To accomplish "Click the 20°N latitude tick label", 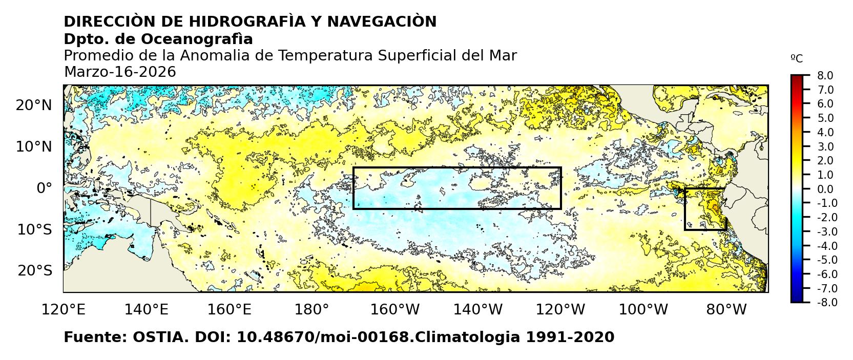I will tap(34, 105).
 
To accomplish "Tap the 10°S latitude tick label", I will tap(34, 229).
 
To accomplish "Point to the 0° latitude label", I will tap(45, 188).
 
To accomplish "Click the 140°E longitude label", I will tap(146, 309).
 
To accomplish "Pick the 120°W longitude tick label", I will tap(561, 309).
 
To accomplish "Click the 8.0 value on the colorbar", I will tap(825, 76).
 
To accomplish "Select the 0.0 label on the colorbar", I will tap(825, 189).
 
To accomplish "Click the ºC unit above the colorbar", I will tap(797, 59).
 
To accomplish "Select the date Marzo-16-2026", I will tap(120, 72).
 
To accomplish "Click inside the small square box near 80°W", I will tap(705, 209).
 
